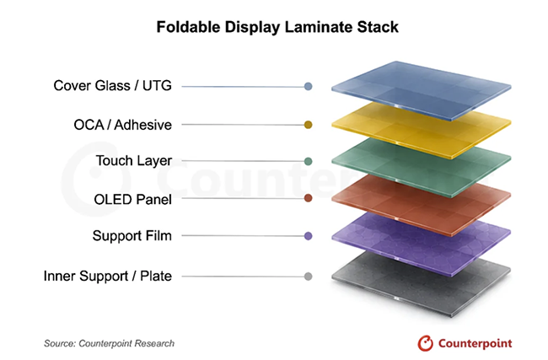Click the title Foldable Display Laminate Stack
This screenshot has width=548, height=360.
[277, 27]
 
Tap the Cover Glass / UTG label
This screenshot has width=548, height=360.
[112, 86]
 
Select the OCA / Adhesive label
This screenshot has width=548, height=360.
[123, 125]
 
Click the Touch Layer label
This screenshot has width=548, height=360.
[134, 161]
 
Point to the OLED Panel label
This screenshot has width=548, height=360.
[133, 200]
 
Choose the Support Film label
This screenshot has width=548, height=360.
[132, 236]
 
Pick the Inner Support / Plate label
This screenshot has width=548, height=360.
[108, 277]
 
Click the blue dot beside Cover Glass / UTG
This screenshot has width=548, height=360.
[308, 86]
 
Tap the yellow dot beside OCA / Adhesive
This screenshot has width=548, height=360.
[308, 125]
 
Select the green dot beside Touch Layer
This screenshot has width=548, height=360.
[308, 161]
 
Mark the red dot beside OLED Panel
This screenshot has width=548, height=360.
[308, 198]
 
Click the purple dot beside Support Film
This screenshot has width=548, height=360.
[308, 236]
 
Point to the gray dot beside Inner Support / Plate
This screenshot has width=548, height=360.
[308, 277]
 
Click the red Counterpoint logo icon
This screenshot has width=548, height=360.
[425, 343]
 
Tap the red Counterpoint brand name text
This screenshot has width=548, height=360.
[475, 344]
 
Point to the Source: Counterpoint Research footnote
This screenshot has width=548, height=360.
[109, 344]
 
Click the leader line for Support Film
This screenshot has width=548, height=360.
[243, 236]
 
